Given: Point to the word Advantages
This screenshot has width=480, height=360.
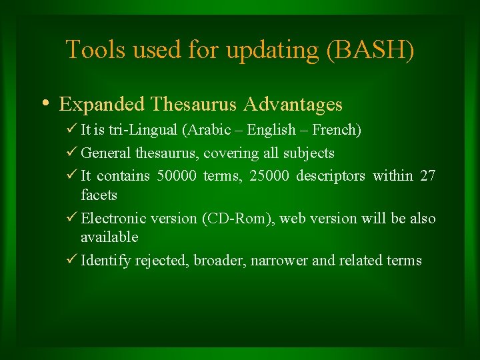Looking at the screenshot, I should [x=293, y=105].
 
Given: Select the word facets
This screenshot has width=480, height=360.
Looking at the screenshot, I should [x=99, y=195].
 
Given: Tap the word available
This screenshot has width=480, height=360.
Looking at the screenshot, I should [x=109, y=237].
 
